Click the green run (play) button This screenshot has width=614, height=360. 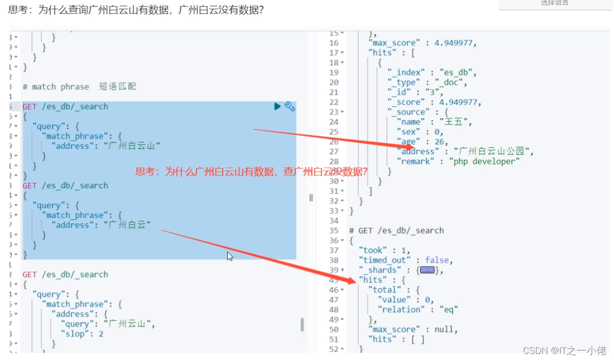277,106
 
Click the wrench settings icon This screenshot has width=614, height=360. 290,106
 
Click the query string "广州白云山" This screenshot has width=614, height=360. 132,146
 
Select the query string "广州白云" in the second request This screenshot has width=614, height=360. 128,225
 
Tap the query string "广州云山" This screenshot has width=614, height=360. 128,323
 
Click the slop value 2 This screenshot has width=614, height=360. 101,333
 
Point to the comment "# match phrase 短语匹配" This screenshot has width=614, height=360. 79,87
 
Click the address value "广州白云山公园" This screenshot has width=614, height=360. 493,151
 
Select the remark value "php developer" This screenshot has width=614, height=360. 485,161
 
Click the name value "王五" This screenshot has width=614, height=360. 456,122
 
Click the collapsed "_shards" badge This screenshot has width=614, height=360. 427,270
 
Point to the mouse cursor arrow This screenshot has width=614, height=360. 230,256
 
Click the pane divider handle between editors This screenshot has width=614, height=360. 311,197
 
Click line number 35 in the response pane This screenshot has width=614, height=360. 334,230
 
